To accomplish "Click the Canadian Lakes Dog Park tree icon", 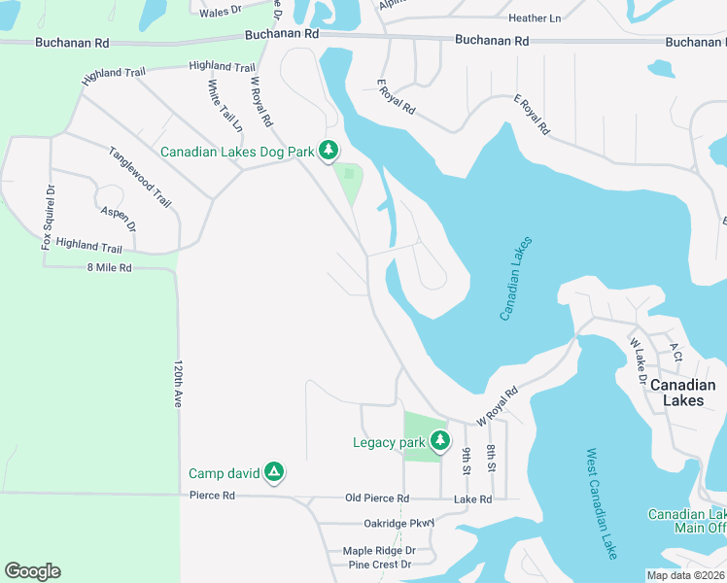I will [x=329, y=150].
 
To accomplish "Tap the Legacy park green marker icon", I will [x=440, y=441].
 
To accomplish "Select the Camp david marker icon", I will [x=275, y=472].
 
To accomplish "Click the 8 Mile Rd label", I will [x=109, y=267].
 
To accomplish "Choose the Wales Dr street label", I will [x=220, y=12].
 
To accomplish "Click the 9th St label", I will [x=467, y=461].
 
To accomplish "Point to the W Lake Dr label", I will [x=638, y=360].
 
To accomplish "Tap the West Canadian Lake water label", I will [x=602, y=503].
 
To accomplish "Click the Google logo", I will [x=32, y=571].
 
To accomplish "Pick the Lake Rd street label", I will [x=473, y=498].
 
